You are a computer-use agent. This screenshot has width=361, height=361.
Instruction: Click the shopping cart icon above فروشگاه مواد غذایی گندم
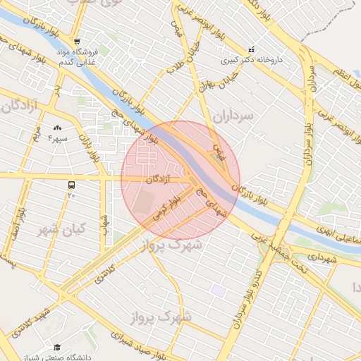[x=78, y=41]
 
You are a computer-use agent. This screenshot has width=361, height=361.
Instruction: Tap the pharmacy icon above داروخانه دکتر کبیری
[x=252, y=49]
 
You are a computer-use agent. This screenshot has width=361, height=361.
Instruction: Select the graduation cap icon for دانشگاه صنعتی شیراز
[x=56, y=348]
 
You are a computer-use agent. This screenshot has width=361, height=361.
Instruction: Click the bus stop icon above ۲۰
[x=71, y=185]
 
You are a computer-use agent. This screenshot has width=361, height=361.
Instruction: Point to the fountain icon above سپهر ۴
[x=57, y=128]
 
